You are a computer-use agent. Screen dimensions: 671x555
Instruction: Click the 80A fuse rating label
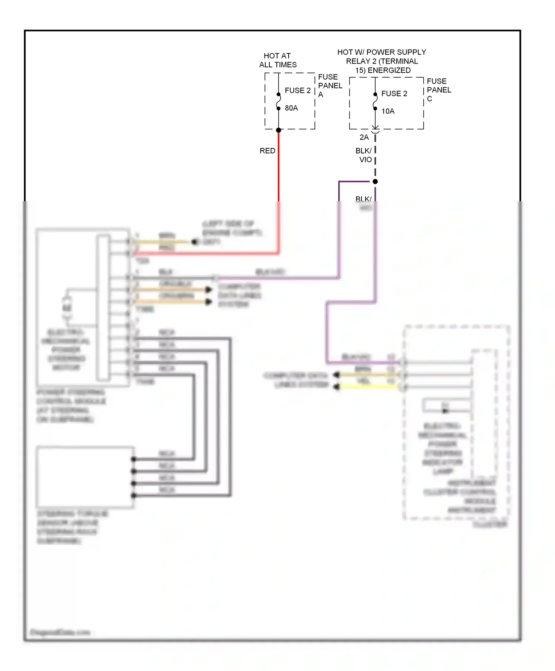(x=291, y=108)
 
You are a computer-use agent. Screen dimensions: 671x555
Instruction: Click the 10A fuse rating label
(x=388, y=111)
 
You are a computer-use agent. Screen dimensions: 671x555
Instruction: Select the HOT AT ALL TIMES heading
(x=277, y=60)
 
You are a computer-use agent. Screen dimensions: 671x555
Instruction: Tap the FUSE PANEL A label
(x=330, y=85)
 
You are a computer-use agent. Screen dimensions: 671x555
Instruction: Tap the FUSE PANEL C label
(x=438, y=90)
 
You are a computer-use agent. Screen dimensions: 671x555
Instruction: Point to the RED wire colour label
(x=267, y=151)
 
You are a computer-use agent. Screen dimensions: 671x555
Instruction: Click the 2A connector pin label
(x=364, y=137)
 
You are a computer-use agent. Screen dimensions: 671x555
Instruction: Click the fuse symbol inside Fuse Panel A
(x=279, y=101)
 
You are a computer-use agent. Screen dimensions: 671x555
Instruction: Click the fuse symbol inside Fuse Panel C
(x=375, y=101)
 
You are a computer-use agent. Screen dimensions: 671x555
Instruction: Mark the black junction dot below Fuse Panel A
(x=279, y=130)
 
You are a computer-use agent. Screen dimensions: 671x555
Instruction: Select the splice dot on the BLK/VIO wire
(x=375, y=182)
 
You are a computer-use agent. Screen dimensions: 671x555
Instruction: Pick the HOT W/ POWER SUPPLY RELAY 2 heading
(x=382, y=61)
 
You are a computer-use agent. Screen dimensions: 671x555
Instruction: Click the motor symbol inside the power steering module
(x=67, y=308)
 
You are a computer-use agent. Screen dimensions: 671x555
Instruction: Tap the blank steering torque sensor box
(x=85, y=477)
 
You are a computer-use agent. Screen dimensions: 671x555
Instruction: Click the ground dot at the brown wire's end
(x=194, y=242)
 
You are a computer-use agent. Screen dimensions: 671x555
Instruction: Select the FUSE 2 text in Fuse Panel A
(x=297, y=91)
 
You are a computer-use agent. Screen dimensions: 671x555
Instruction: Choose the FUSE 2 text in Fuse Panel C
(x=394, y=94)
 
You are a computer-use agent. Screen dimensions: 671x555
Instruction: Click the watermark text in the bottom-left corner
(x=60, y=632)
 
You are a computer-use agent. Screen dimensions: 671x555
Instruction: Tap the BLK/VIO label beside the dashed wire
(x=364, y=155)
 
